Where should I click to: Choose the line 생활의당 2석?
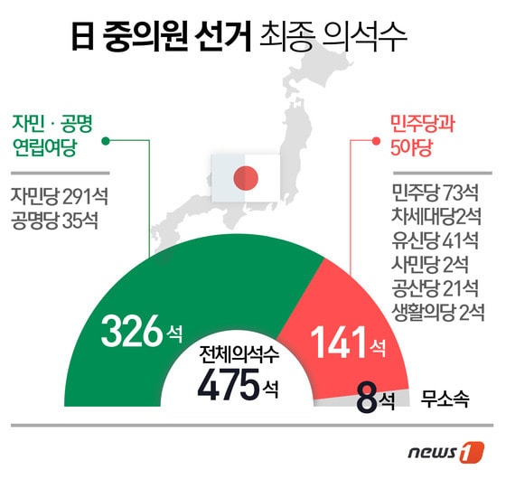pyautogui.click(x=433, y=313)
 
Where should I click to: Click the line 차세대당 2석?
pyautogui.click(x=433, y=218)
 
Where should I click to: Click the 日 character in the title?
pyautogui.click(x=84, y=37)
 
